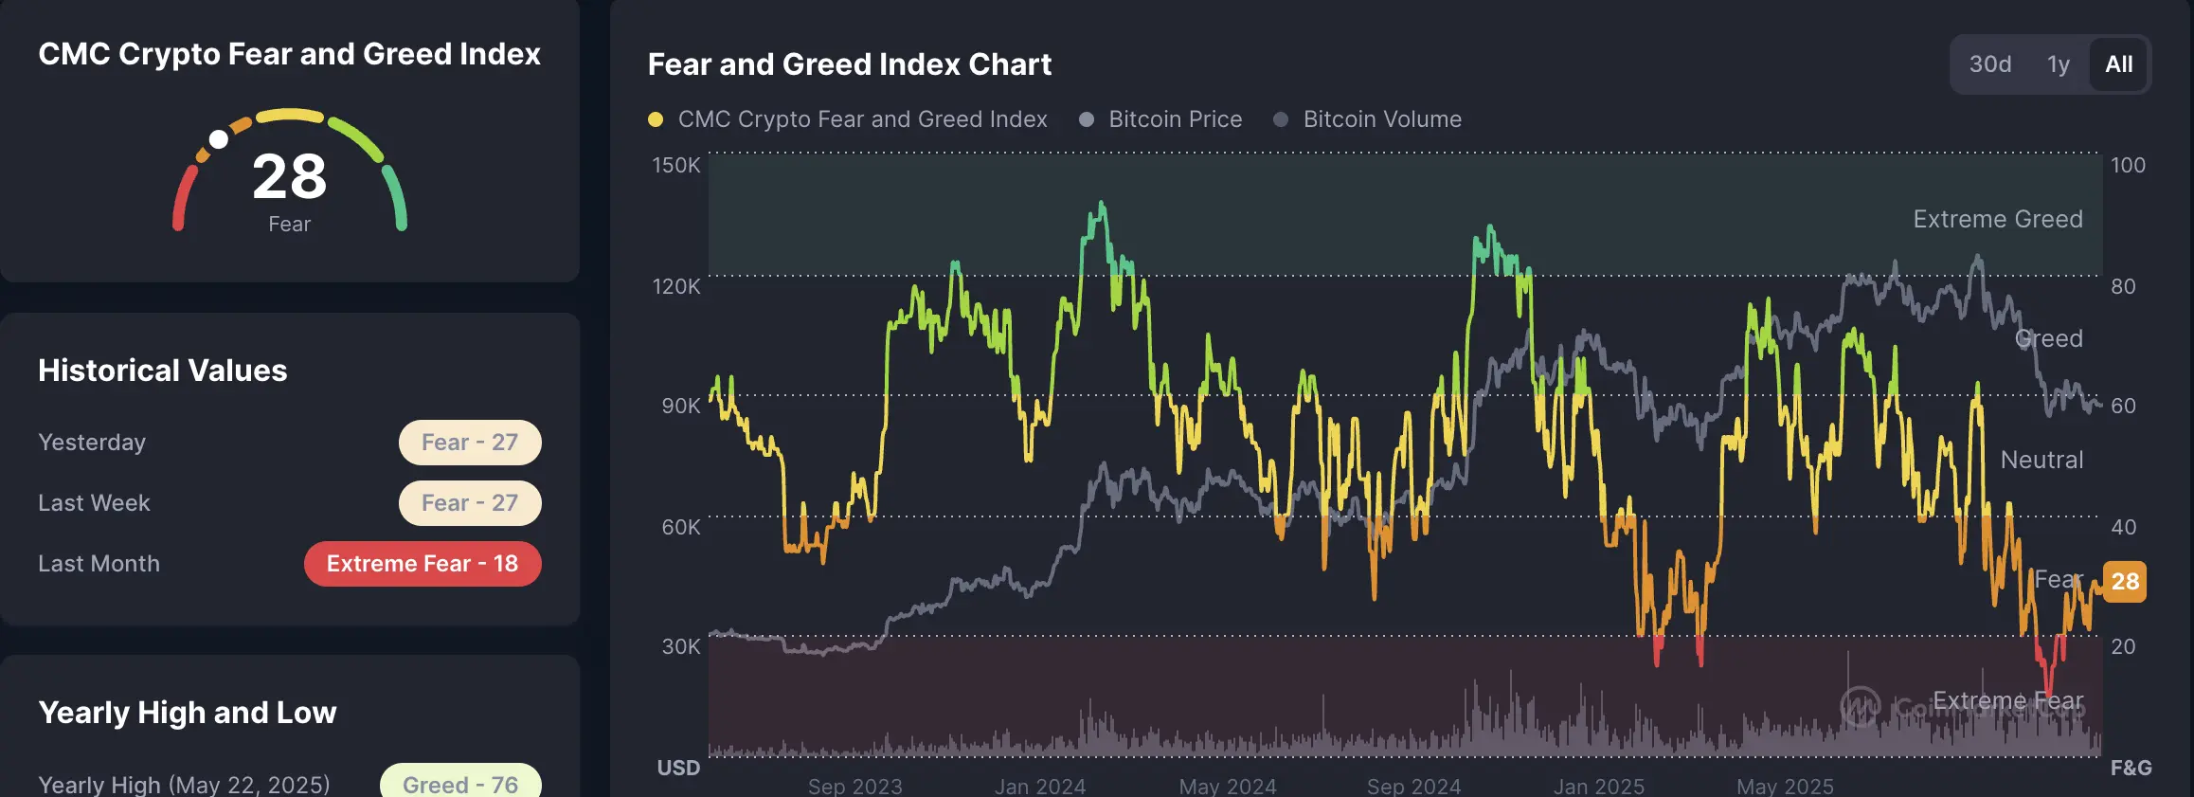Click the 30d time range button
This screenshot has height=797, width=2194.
click(x=1989, y=64)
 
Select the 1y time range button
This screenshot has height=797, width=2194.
click(x=2058, y=64)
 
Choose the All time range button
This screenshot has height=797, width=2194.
click(x=2118, y=64)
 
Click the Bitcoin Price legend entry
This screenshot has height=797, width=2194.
click(x=1175, y=119)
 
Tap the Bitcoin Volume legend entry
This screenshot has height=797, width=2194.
click(x=1381, y=119)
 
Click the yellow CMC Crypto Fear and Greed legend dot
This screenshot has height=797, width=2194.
click(x=656, y=119)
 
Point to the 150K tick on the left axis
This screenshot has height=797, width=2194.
click(x=676, y=165)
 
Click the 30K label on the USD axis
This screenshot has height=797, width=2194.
click(x=680, y=646)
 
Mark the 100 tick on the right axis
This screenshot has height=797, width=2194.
click(x=2128, y=165)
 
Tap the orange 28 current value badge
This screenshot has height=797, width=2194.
click(x=2125, y=581)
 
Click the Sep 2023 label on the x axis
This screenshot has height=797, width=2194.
click(x=854, y=787)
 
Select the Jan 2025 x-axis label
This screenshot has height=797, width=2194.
click(x=1598, y=787)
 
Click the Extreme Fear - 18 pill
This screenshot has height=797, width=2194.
click(x=423, y=564)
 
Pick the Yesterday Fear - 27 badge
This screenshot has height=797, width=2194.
click(x=470, y=443)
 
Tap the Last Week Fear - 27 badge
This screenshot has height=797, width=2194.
click(x=470, y=503)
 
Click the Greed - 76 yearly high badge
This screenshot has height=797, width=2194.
click(x=460, y=783)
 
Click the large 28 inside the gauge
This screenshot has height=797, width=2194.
click(x=290, y=176)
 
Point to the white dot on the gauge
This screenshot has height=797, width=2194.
click(x=219, y=139)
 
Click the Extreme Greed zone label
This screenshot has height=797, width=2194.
click(x=1997, y=219)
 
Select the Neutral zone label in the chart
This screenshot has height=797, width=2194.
click(x=2041, y=460)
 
